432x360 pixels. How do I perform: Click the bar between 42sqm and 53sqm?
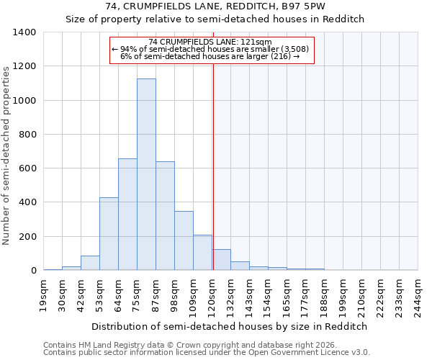pyautogui.click(x=90, y=263)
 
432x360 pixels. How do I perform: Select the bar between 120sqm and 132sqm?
pyautogui.click(x=221, y=260)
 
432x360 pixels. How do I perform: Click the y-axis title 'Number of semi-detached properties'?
pyautogui.click(x=7, y=155)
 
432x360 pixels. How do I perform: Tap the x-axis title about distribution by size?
pyautogui.click(x=230, y=326)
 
